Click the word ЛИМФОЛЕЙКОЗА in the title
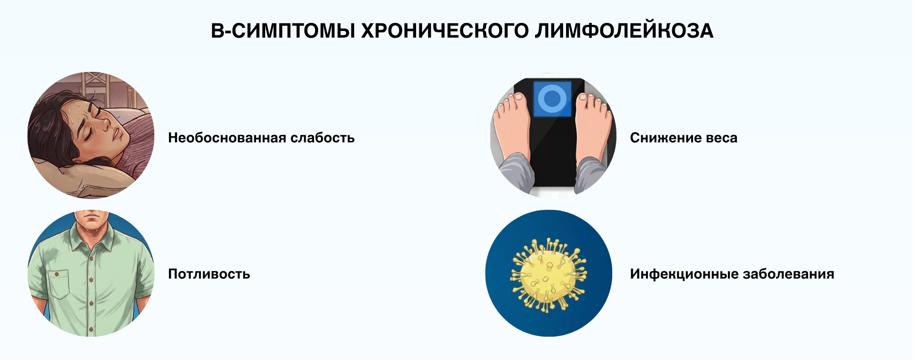point(624,31)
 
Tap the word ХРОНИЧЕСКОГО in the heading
point(445,31)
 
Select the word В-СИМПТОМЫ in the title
point(283,31)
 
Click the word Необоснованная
point(227,138)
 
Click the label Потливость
point(209,274)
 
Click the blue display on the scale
point(552,99)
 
